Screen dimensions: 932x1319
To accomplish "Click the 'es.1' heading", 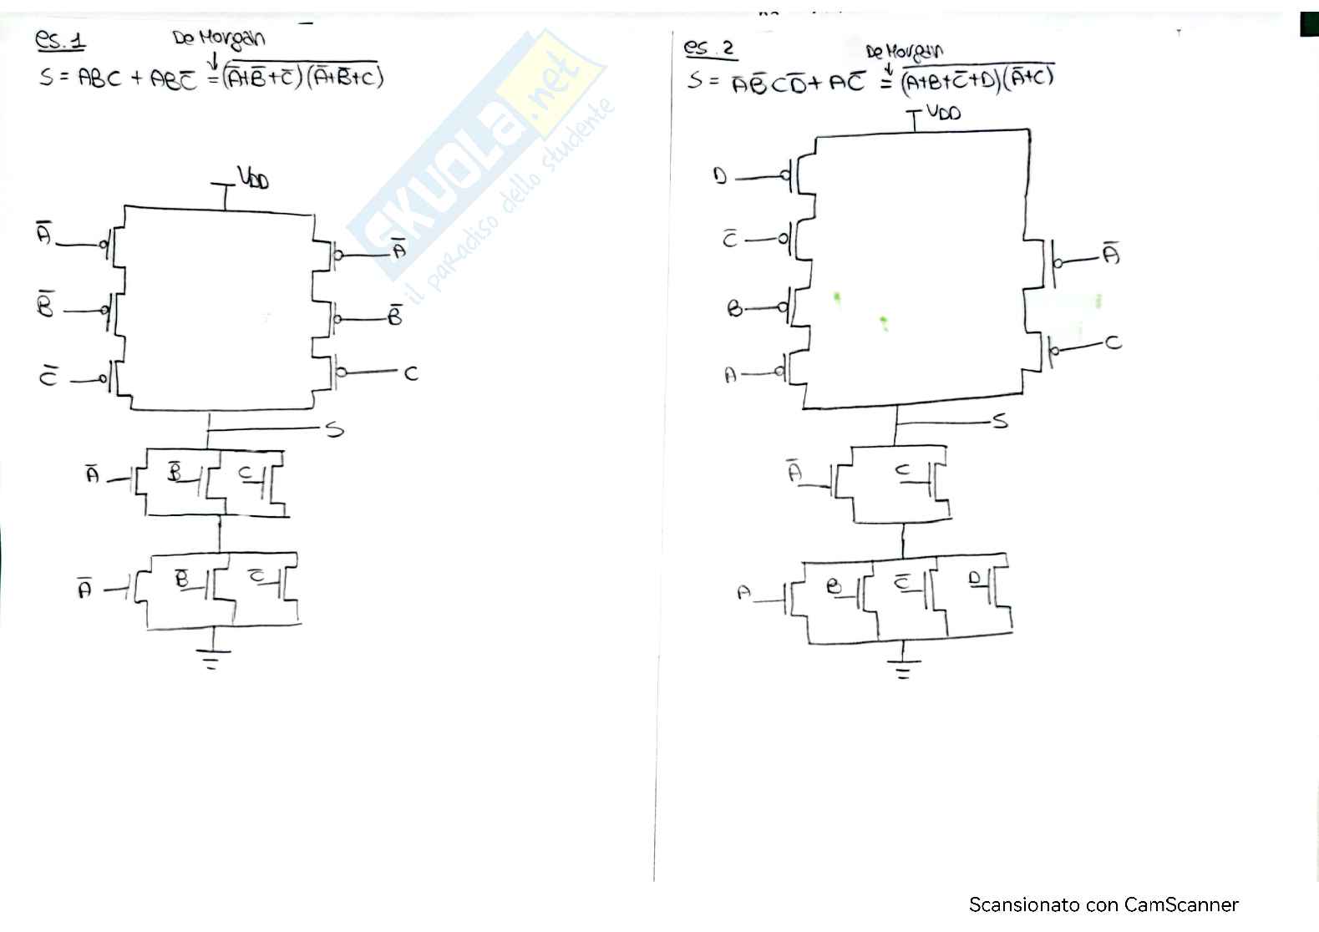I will [x=60, y=40].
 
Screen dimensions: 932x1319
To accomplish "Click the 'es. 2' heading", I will [x=708, y=48].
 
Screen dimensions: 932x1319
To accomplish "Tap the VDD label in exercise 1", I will [x=253, y=178].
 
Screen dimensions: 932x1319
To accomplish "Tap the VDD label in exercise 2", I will [x=943, y=112].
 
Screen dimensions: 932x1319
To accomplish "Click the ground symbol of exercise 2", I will [x=902, y=670].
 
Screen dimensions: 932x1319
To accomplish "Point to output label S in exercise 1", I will [x=334, y=430].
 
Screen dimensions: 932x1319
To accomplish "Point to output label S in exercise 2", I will [x=999, y=421].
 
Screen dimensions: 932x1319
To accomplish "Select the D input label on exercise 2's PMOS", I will [x=720, y=177].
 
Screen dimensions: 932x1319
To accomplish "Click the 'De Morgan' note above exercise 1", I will [x=219, y=38].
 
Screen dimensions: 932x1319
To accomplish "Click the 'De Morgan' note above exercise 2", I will [x=905, y=52].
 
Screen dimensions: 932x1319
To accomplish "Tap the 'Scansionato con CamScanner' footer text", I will [x=1103, y=904].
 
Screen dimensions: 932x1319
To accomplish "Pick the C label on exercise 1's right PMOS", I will [x=410, y=373].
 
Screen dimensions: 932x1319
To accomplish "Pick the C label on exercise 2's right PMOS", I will [x=1113, y=342].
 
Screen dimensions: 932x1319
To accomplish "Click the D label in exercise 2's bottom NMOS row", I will [x=974, y=578].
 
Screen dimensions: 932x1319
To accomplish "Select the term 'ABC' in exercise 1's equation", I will [x=99, y=79].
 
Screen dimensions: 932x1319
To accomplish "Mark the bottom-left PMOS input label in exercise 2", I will [x=731, y=375].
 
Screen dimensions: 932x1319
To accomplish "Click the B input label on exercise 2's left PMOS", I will [x=735, y=310].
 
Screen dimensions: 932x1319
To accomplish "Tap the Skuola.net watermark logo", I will [x=476, y=159].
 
